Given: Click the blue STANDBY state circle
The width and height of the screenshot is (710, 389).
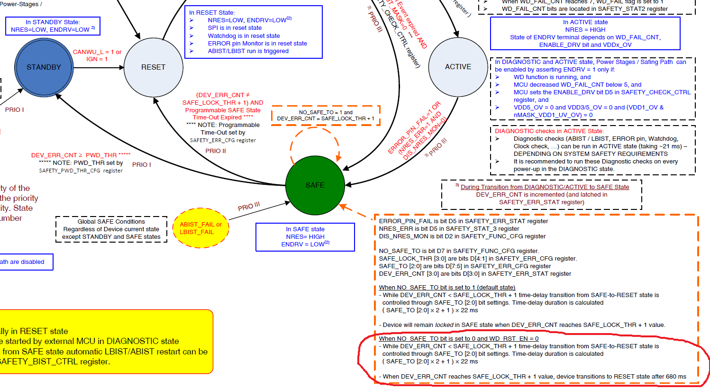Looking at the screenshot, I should pos(44,67).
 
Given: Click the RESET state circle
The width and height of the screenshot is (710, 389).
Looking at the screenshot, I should pos(153,67).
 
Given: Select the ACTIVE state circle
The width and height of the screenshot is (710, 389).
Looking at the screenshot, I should pos(458,67).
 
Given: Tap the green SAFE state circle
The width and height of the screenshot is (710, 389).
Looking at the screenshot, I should pos(315,185).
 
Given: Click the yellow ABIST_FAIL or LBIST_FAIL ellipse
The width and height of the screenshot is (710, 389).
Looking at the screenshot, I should pos(200,228).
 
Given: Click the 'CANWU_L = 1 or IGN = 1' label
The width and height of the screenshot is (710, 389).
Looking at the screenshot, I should pos(97,55).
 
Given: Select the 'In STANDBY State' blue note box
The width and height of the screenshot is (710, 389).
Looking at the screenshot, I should pos(53,26).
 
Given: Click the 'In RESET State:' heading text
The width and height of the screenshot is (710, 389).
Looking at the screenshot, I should pos(212,13).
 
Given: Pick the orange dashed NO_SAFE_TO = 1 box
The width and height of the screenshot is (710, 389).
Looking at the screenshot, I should pos(326,116).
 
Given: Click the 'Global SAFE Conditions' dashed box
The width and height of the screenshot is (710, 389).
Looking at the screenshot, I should pos(111,229).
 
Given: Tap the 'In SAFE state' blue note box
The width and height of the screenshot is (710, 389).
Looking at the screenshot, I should pos(305,237).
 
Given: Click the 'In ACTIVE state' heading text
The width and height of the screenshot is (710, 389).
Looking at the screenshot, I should pos(585,22).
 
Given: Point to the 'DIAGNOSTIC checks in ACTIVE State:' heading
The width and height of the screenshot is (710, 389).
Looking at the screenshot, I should pos(549,131).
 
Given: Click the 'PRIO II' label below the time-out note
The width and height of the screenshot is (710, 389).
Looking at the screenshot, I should pos(216,151).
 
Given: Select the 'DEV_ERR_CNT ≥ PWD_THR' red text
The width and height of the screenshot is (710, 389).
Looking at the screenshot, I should pos(81,155).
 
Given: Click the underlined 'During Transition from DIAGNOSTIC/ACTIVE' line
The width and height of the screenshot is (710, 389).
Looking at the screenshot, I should pos(545,187).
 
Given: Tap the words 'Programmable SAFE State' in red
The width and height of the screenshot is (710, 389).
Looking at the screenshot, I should pos(223,110).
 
